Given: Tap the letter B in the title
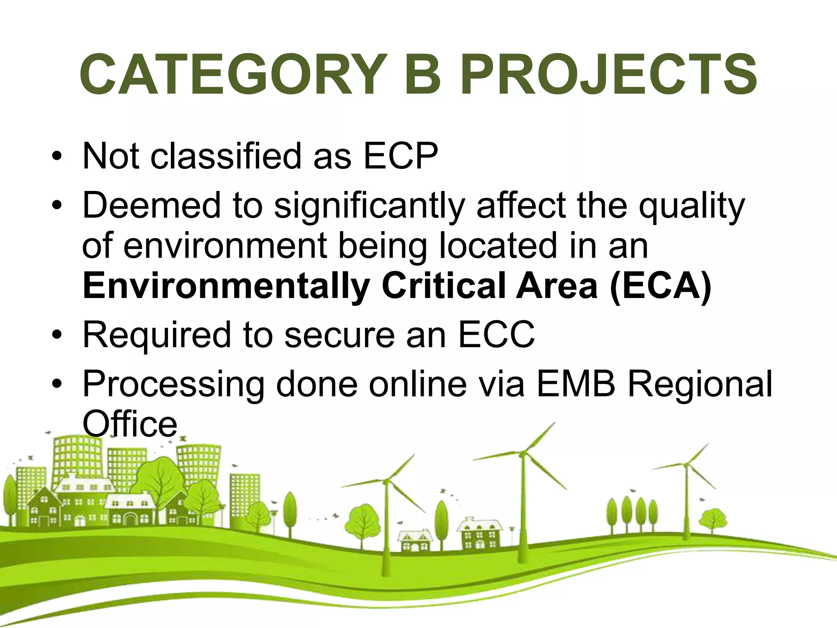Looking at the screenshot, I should pyautogui.click(x=424, y=75).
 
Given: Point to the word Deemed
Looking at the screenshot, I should pyautogui.click(x=152, y=205).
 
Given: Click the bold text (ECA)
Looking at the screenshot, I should pyautogui.click(x=660, y=287).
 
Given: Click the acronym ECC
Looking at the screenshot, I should pyautogui.click(x=496, y=334).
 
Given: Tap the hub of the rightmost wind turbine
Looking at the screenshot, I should pyautogui.click(x=686, y=464).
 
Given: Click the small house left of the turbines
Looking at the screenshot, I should pyautogui.click(x=414, y=542).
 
